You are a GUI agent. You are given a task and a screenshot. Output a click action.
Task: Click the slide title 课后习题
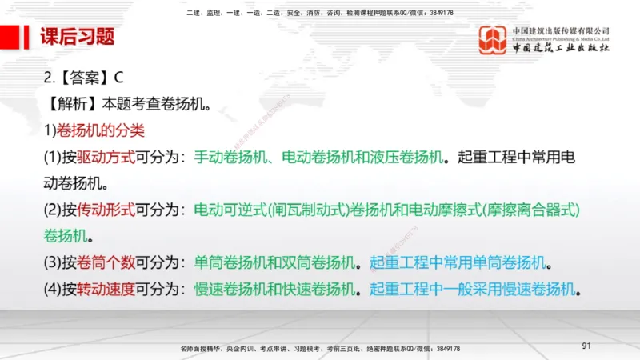tap(78, 37)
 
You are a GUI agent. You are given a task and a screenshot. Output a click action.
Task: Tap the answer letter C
tap(118, 78)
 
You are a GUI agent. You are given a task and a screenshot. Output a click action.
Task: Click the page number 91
tap(586, 346)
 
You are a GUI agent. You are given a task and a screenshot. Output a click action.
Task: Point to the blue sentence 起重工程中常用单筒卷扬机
tap(460, 262)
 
